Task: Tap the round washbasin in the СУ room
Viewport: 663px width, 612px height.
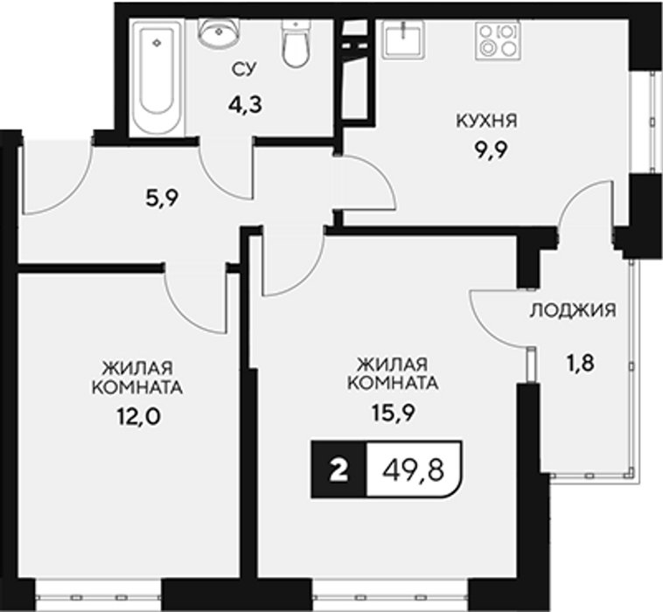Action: pyautogui.click(x=219, y=32)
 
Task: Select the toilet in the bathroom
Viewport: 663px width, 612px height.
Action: pyautogui.click(x=296, y=43)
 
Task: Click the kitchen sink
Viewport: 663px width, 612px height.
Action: pyautogui.click(x=403, y=39)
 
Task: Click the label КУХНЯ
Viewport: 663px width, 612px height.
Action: pyautogui.click(x=486, y=122)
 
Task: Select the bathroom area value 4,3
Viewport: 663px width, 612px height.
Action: pyautogui.click(x=245, y=104)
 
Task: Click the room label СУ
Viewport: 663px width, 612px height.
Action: pyautogui.click(x=244, y=70)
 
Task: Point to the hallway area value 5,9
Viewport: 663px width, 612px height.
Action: pyautogui.click(x=163, y=198)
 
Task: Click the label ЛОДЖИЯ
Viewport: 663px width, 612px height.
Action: pyautogui.click(x=573, y=311)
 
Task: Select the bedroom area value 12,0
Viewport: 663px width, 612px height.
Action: pyautogui.click(x=138, y=418)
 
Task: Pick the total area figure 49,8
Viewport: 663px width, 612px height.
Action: pyautogui.click(x=413, y=470)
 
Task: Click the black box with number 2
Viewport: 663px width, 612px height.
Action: pyautogui.click(x=339, y=469)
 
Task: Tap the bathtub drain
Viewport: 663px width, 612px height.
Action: pyautogui.click(x=157, y=42)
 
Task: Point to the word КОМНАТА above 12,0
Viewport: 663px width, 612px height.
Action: pyautogui.click(x=137, y=387)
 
